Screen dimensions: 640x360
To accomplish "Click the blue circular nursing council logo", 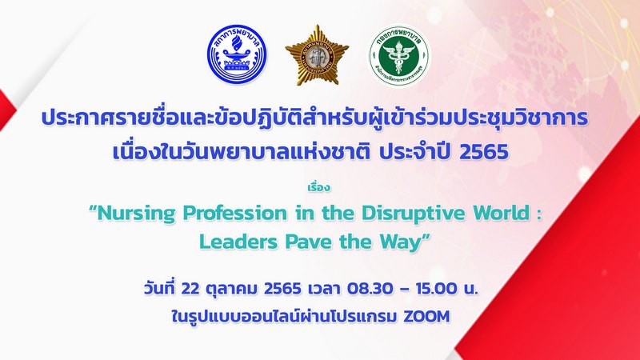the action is [237, 54].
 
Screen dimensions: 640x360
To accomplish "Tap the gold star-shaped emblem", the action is [317, 55].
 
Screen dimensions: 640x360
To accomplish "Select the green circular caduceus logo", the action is [398, 55].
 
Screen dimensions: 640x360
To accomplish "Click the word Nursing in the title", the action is [137, 214].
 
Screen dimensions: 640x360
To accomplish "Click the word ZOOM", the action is [426, 316].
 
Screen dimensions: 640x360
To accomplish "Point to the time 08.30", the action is [370, 289].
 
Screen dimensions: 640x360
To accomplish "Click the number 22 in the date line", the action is [190, 289].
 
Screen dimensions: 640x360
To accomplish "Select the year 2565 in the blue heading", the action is [484, 152].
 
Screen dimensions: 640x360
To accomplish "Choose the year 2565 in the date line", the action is [282, 289].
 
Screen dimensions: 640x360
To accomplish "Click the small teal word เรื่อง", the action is [318, 188].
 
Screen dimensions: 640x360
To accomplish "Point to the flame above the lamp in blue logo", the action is [236, 42].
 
